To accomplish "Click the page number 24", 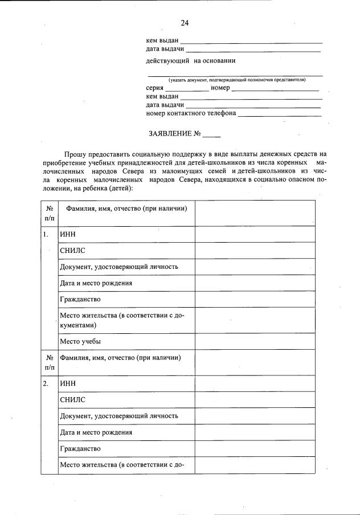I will coord(185,23).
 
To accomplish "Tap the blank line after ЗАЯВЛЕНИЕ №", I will coord(211,136).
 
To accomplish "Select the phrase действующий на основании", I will coord(190,61).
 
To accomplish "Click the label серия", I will coord(155,88).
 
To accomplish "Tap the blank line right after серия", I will coord(187,89).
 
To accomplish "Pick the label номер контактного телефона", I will coord(191,113).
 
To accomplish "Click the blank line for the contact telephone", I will coord(279,114).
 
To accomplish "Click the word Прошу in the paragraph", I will coord(75,154).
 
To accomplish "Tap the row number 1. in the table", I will coord(46,234).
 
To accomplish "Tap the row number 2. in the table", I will coord(46,383).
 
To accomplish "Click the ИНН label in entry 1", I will coord(67,234).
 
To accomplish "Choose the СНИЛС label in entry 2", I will coord(72,400).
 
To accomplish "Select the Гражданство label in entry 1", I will coord(80,299).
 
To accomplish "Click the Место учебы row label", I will coord(80,341).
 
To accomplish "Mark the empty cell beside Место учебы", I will coord(255,341).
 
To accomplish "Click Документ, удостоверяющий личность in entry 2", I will coord(118,416).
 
